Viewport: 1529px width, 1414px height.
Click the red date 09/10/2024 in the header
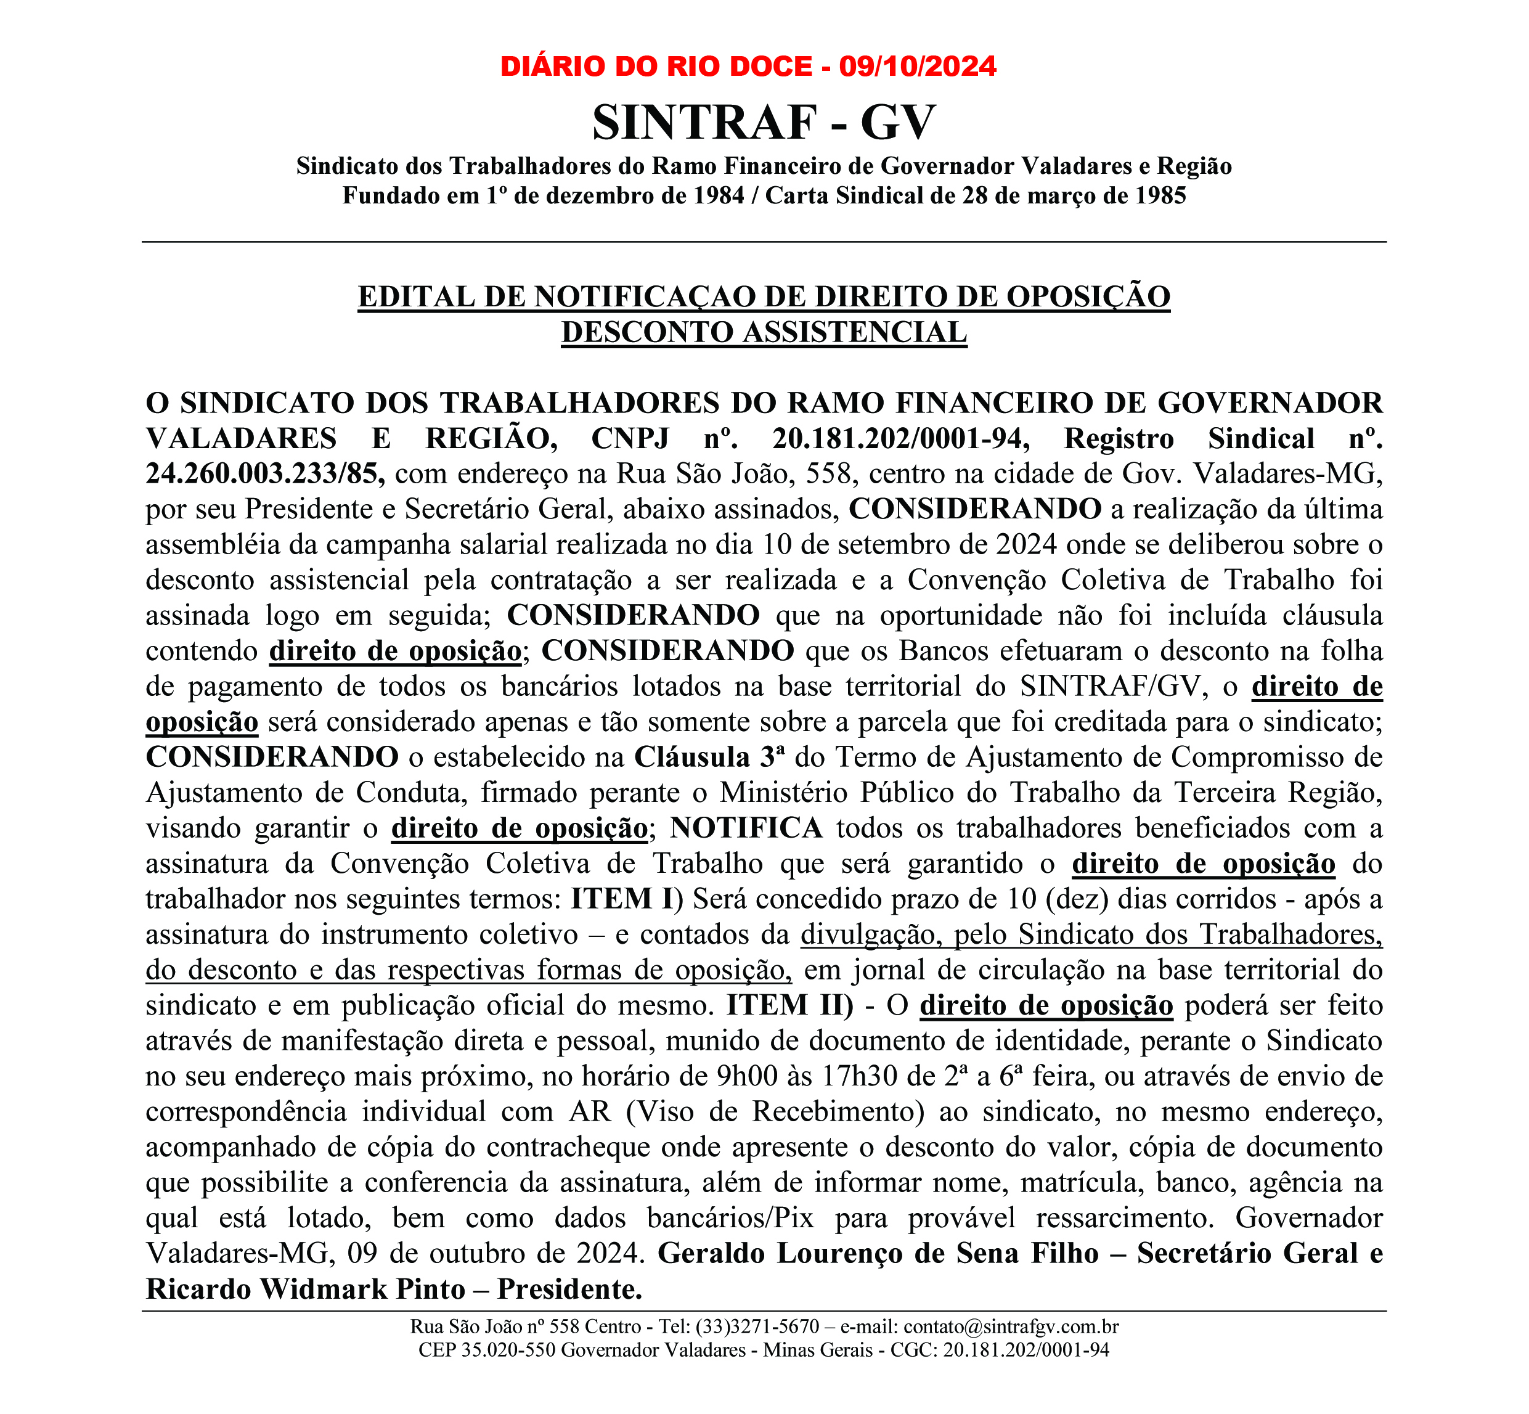tap(917, 67)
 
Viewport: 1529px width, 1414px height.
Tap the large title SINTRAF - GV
tap(764, 123)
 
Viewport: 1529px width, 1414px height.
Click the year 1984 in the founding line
tap(718, 196)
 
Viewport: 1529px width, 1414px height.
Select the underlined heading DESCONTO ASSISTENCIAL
tap(764, 333)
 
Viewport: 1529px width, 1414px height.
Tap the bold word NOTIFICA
tap(746, 828)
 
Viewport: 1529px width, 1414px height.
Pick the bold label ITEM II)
tap(789, 1005)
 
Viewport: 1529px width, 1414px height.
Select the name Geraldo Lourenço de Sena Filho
tap(878, 1253)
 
